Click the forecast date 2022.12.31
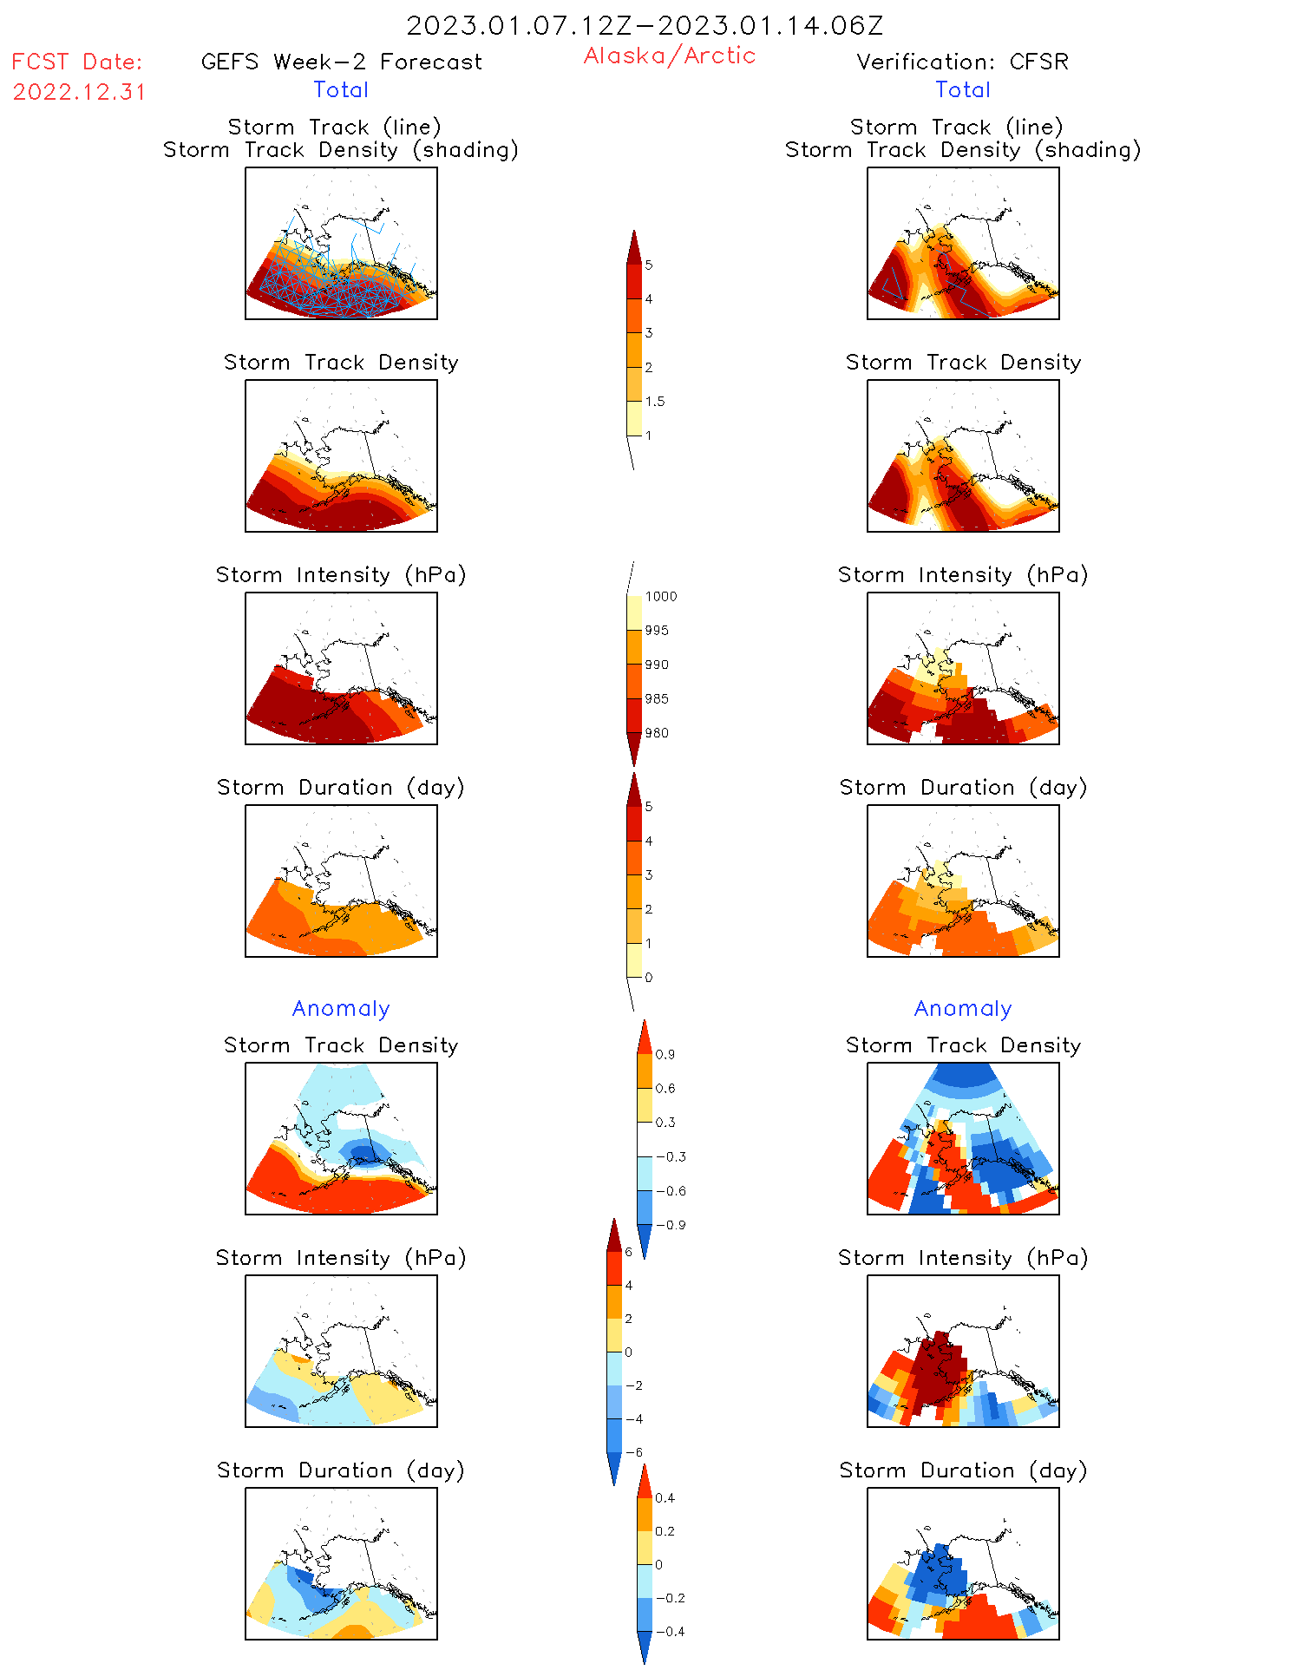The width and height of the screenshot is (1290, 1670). point(79,92)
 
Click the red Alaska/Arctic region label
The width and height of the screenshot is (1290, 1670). point(669,56)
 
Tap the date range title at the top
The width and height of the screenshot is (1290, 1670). point(645,25)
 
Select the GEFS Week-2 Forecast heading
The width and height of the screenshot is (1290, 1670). point(341,62)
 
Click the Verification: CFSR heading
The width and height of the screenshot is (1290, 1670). point(962,62)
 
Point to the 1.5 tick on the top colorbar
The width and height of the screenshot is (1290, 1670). point(655,402)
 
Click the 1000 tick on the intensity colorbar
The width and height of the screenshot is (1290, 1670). point(660,597)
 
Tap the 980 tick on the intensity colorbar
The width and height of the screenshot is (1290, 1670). point(657,733)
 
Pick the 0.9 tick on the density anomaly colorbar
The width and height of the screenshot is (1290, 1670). point(665,1055)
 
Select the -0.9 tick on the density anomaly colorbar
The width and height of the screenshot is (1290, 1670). point(670,1225)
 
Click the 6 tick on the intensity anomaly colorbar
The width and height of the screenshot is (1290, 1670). point(628,1252)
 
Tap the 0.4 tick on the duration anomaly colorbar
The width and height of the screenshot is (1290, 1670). point(665,1498)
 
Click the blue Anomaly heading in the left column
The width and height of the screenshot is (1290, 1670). point(341,1008)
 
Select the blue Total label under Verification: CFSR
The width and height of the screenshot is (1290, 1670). point(962,89)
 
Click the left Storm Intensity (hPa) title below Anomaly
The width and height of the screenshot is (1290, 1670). point(341,1258)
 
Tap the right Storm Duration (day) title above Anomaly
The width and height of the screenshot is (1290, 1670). point(963,787)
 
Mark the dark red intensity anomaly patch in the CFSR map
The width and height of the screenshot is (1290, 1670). point(937,1371)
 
